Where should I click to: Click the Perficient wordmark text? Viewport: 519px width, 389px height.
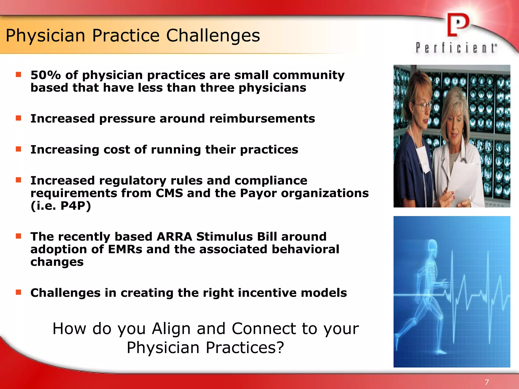[x=456, y=48]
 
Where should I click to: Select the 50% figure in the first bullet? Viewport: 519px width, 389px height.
[x=46, y=75]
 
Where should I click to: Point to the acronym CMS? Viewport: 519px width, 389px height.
[x=169, y=193]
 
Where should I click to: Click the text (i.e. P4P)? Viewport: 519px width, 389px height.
[x=61, y=206]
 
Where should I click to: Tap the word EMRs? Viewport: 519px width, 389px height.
[x=125, y=249]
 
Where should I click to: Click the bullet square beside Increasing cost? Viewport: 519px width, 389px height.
[x=18, y=149]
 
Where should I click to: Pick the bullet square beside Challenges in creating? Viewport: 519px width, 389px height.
[x=18, y=292]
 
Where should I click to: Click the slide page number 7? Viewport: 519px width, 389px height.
[x=487, y=382]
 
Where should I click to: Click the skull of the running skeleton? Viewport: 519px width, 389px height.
[x=432, y=246]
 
